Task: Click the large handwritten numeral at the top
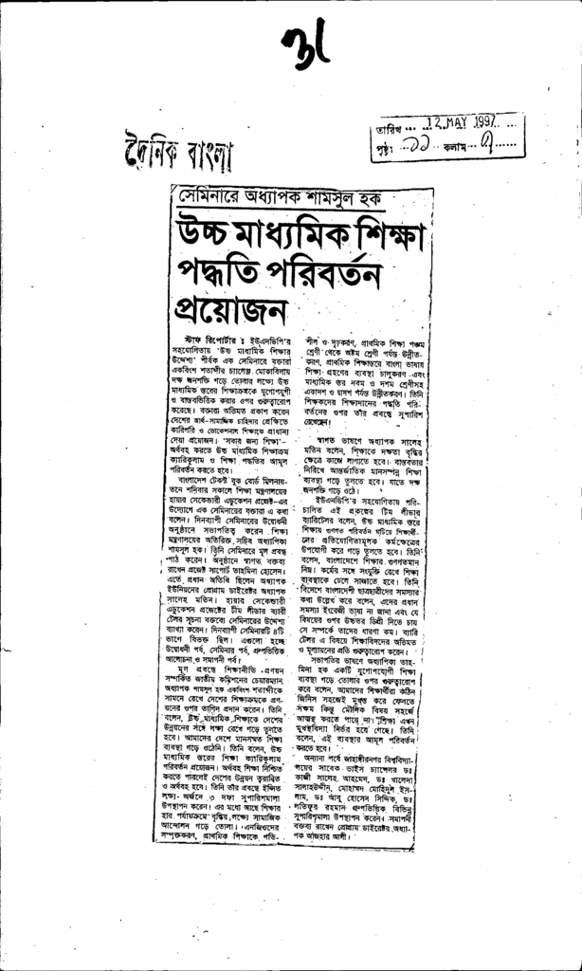[x=305, y=43]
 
